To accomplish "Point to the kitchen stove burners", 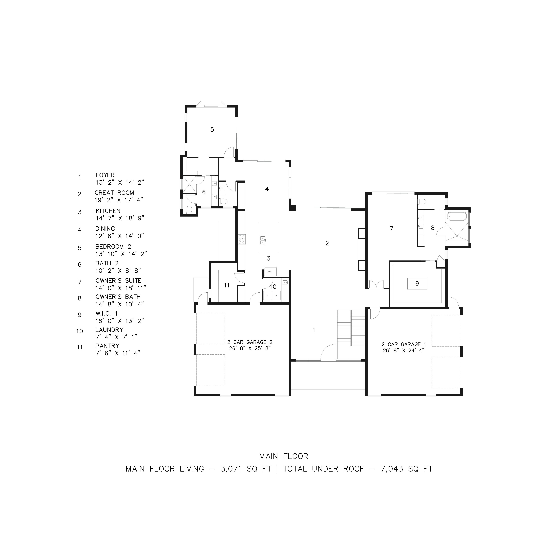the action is click(241, 240).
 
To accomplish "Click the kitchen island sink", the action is click(263, 240).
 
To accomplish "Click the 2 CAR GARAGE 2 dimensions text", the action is click(250, 348).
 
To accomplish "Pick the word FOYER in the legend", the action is click(105, 175).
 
